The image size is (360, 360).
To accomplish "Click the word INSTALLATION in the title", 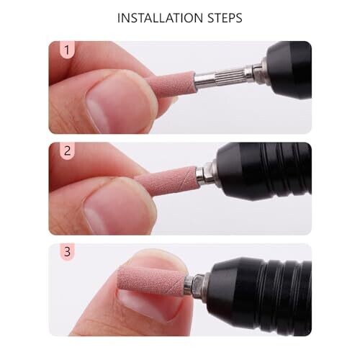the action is click(160, 18).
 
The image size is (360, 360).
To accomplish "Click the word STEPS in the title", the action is click(225, 18).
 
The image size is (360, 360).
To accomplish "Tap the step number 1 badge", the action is click(67, 50).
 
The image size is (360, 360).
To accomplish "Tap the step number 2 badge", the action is click(67, 150).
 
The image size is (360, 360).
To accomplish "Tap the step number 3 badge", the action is click(67, 252).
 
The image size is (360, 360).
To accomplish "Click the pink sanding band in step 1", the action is click(174, 83).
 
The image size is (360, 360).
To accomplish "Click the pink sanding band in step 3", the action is click(151, 280).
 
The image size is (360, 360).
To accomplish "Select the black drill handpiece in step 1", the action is click(289, 71).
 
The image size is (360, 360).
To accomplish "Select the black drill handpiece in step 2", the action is click(264, 171).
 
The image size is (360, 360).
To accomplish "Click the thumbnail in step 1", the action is click(117, 102).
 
